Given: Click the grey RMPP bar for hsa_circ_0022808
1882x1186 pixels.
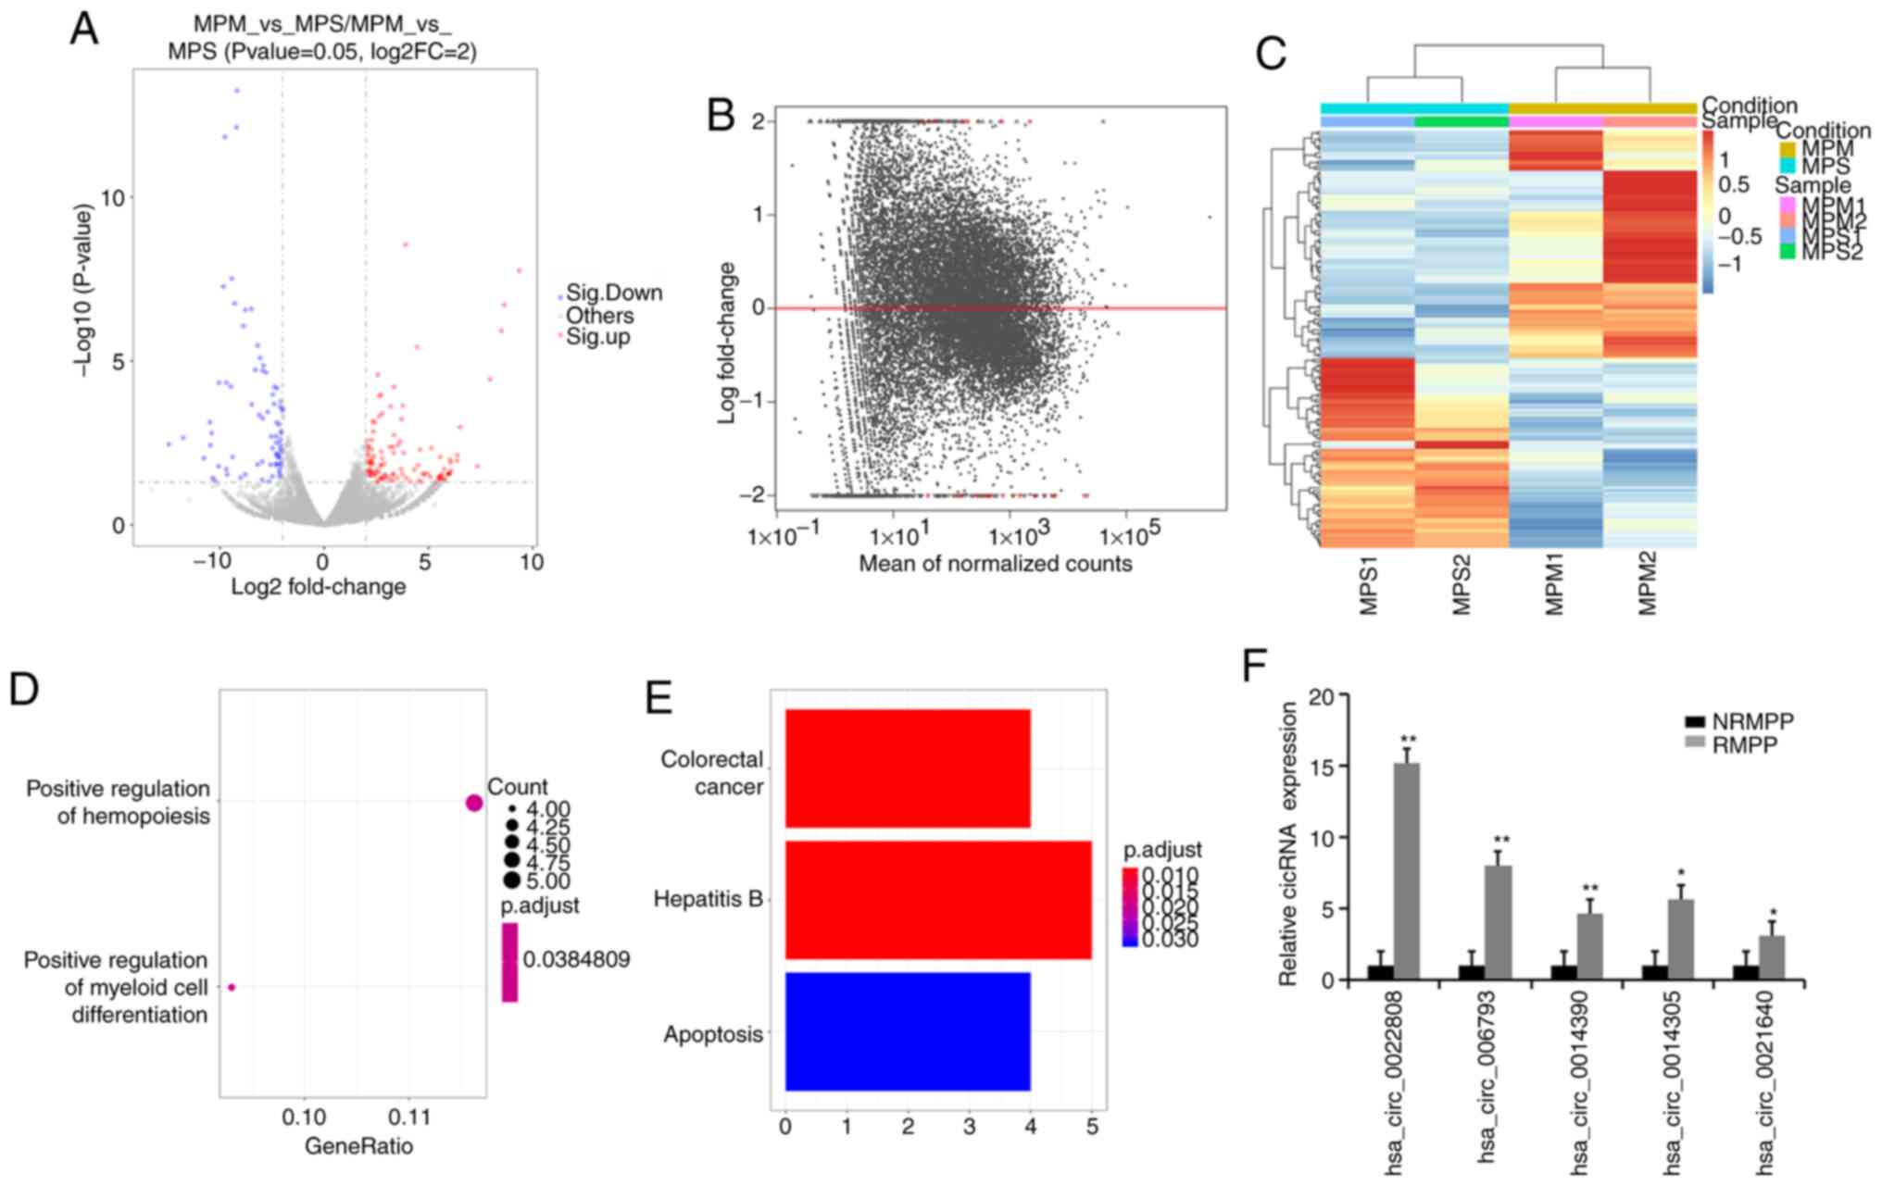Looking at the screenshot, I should [x=1406, y=871].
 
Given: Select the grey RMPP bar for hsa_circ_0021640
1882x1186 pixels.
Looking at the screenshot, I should [x=1771, y=958].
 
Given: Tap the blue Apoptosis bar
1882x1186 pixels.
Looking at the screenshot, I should [x=908, y=1031].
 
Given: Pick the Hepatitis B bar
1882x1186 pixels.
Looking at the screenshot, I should [x=937, y=900].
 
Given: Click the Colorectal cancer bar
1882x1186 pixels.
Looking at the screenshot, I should [x=908, y=768].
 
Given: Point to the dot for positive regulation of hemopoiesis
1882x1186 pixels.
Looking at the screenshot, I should [x=474, y=803].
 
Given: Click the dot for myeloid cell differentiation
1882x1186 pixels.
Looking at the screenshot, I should [x=232, y=988].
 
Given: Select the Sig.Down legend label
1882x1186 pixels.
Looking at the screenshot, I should [x=614, y=293].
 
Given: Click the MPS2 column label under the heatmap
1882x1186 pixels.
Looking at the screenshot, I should [x=1462, y=586].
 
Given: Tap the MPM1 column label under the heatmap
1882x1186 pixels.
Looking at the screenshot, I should [x=1555, y=586].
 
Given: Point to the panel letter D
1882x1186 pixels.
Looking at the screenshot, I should [x=24, y=690].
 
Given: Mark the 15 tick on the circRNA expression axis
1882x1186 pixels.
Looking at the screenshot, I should [x=1324, y=768].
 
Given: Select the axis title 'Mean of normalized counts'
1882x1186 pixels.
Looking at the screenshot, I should [x=996, y=564].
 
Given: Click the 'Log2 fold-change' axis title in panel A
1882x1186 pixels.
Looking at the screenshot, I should [x=319, y=587].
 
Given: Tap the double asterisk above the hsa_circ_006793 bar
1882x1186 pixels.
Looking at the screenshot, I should [x=1501, y=841].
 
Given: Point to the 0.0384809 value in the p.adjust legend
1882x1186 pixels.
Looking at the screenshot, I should [x=576, y=960].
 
